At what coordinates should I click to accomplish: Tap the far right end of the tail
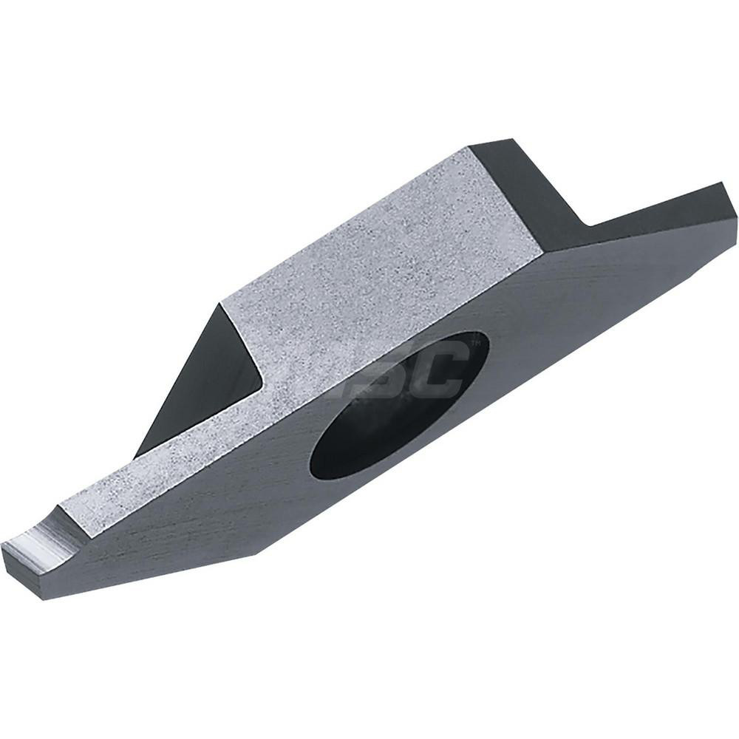coord(735,211)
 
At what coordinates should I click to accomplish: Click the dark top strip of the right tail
coord(658,203)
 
